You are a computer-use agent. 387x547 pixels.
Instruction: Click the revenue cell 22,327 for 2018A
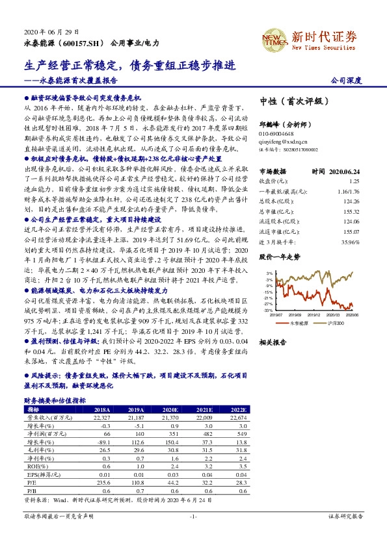click(x=102, y=417)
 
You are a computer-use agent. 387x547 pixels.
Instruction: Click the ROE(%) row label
click(x=33, y=466)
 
